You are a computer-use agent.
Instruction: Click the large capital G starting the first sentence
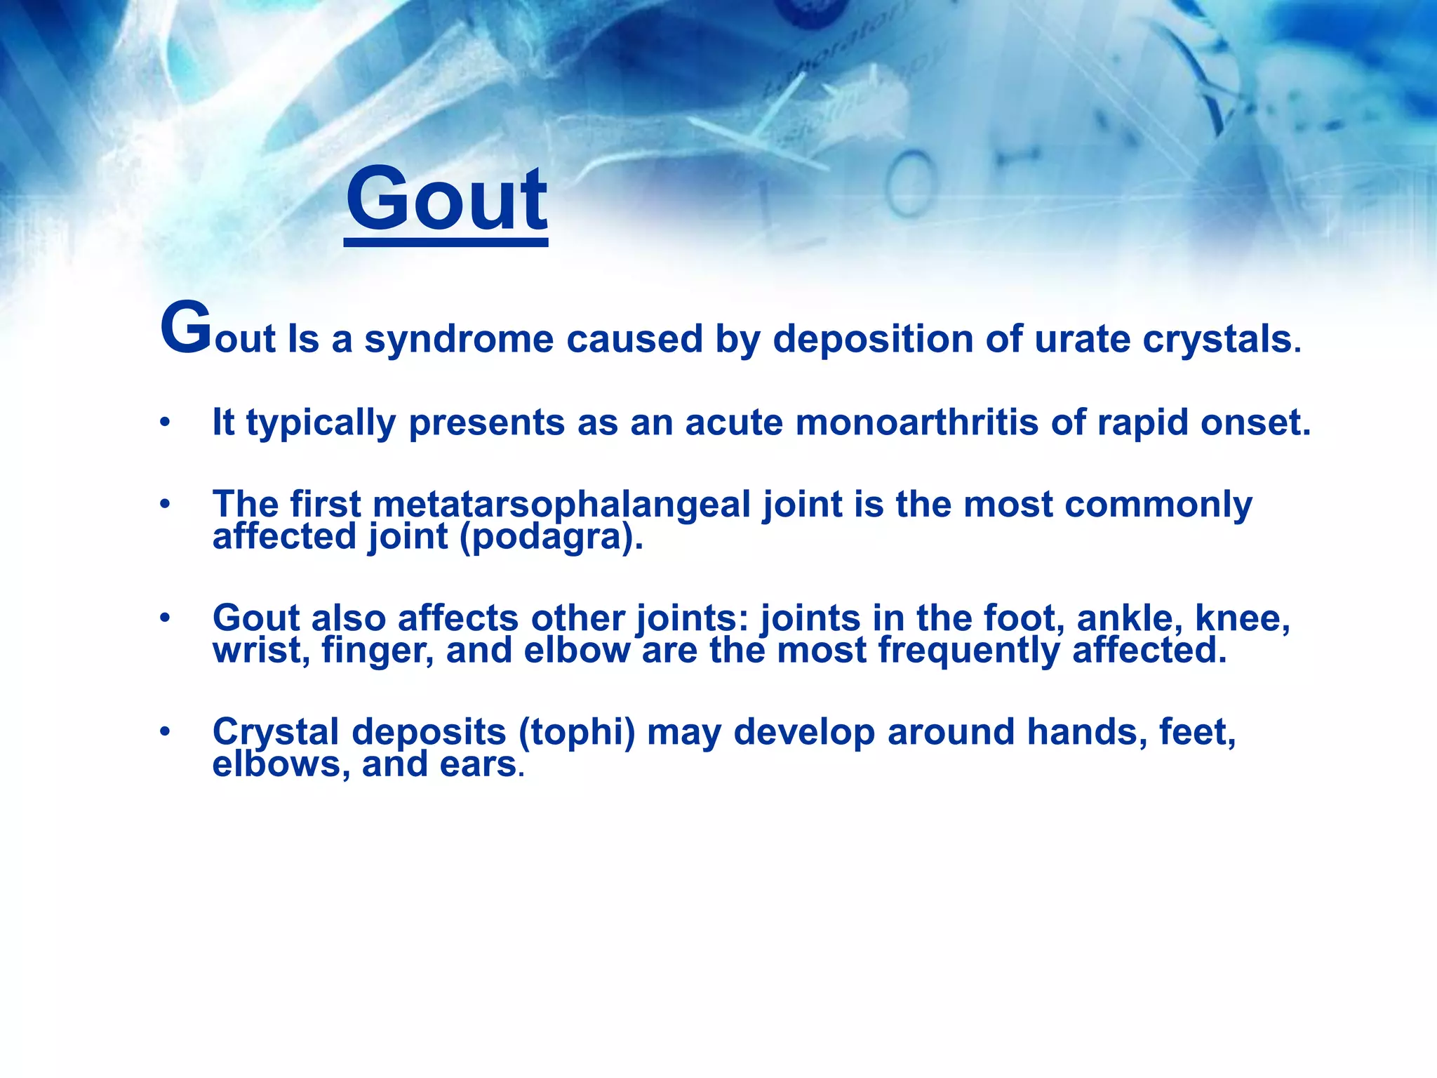pos(185,328)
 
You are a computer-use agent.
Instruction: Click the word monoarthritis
pos(916,423)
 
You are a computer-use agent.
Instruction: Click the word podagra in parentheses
pos(547,538)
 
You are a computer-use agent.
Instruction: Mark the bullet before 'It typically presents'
pos(165,423)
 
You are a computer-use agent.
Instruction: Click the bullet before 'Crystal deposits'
pos(165,732)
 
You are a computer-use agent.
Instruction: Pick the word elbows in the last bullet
pos(281,764)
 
